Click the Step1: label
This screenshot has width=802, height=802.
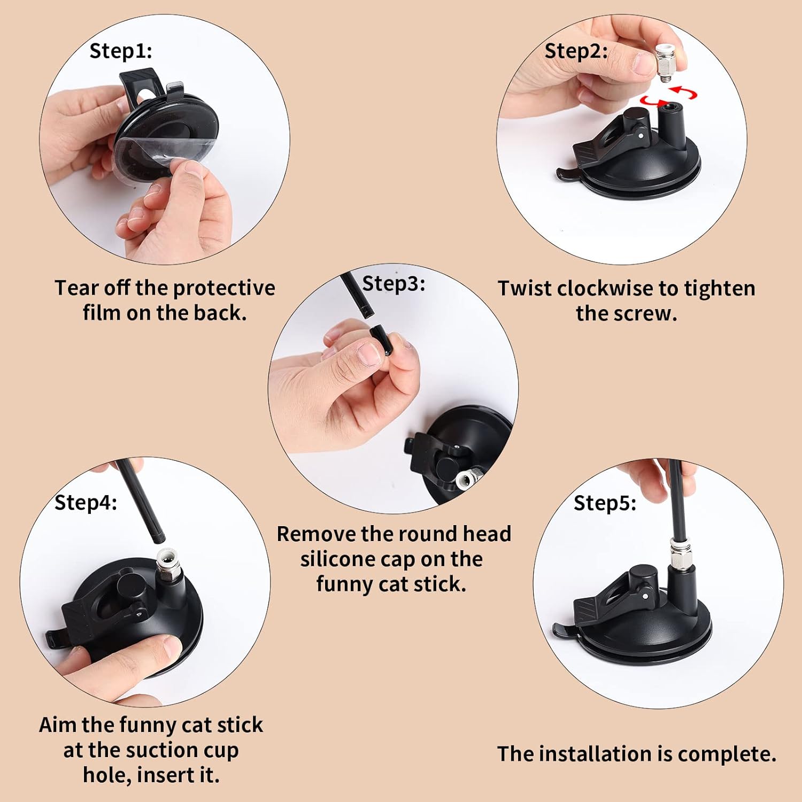point(121,51)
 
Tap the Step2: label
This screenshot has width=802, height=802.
point(576,51)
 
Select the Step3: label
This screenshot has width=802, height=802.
point(394,283)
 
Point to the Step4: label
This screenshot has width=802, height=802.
point(86,503)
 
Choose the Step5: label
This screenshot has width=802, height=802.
point(605,503)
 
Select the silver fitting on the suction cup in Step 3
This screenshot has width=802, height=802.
point(469,477)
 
